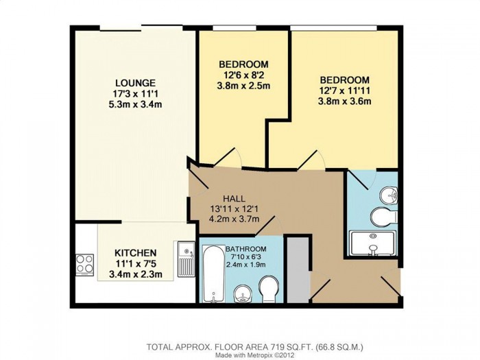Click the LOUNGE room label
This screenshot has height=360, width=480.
point(135,83)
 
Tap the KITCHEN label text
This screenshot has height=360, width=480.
point(135,253)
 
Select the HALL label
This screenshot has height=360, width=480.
point(234,199)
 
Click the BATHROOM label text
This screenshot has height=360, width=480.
point(246,249)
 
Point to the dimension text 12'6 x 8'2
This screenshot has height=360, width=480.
point(243,75)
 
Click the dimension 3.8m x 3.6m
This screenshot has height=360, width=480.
point(345,101)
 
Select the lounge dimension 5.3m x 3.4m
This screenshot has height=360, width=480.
point(135,104)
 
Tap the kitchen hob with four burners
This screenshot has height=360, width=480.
point(85,264)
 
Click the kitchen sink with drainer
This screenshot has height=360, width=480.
point(186,259)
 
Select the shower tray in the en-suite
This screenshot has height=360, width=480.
point(372,243)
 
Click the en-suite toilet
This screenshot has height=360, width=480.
point(384,217)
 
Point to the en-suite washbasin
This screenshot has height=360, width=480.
point(389,195)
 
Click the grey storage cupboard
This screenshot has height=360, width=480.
point(299,269)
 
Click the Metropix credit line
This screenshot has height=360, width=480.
point(254,355)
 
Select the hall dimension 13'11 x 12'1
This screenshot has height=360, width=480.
point(235,209)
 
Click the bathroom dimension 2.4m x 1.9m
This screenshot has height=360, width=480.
point(245,265)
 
